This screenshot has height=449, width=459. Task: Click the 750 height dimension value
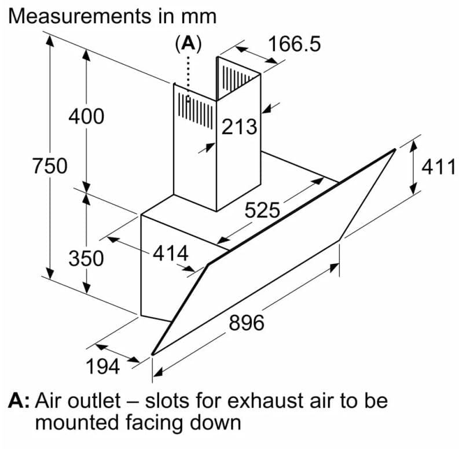(50, 165)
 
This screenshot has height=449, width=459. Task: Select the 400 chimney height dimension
(86, 116)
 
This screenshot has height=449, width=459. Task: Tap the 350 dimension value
(86, 258)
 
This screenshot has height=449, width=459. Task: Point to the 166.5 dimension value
(295, 44)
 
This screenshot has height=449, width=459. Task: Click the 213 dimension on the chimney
(239, 127)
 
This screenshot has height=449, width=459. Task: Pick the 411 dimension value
(439, 167)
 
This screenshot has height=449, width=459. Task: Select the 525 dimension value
(262, 210)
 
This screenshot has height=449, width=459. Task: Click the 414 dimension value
(171, 253)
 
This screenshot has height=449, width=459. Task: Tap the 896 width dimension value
(247, 322)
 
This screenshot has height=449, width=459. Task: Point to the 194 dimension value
(103, 366)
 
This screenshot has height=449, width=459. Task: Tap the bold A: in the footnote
(19, 401)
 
